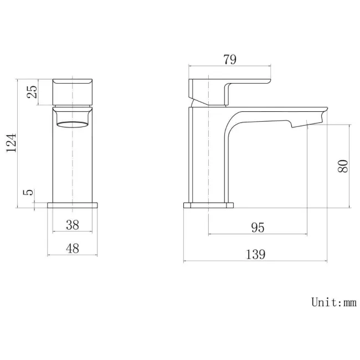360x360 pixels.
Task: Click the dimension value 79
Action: tap(230, 60)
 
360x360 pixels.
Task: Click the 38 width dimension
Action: tap(73, 225)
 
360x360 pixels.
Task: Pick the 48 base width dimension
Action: tap(73, 249)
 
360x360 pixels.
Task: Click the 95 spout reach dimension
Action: tap(258, 227)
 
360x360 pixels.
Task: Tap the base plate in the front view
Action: tap(73, 205)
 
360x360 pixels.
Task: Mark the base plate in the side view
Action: tap(208, 207)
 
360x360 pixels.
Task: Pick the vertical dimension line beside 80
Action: tap(350, 166)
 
